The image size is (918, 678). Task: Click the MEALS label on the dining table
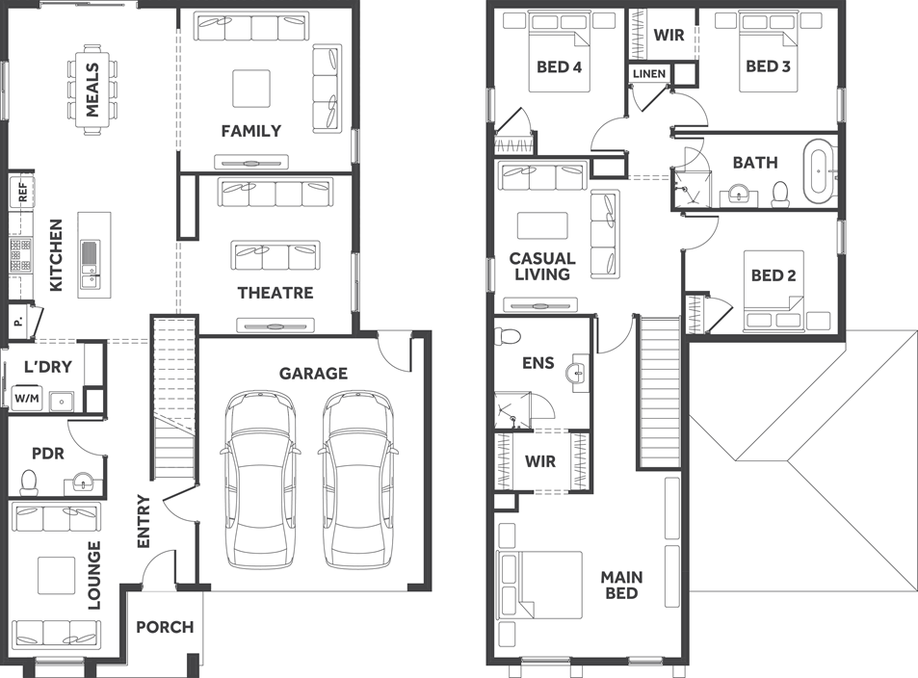click(92, 90)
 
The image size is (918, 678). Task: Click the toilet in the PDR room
click(29, 480)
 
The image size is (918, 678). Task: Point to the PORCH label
click(164, 627)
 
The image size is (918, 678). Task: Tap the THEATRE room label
click(275, 293)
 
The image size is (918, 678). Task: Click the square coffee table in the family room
click(251, 89)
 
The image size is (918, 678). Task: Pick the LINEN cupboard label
click(648, 74)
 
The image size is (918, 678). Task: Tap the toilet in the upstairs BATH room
click(780, 195)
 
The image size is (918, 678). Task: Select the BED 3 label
click(768, 66)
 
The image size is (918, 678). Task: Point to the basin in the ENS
click(579, 373)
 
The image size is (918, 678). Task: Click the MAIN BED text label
click(621, 585)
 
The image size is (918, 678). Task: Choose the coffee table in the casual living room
click(536, 225)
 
